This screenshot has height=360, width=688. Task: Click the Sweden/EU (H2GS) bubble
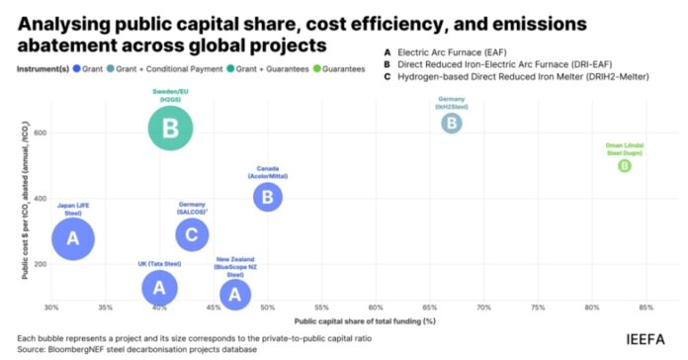[x=170, y=128]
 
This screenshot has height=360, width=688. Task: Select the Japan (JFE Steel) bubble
[x=72, y=238]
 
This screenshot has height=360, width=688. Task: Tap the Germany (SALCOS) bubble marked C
[x=192, y=234]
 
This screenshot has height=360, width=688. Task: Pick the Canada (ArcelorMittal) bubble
[x=268, y=197]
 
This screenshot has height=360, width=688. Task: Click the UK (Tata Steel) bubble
[x=159, y=287]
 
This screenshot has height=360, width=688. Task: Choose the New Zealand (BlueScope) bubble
[x=234, y=294]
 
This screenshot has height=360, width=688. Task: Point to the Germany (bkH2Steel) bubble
[x=451, y=124]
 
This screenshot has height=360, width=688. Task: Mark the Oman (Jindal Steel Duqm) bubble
[x=624, y=166]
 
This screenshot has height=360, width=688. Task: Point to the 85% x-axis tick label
[x=645, y=308]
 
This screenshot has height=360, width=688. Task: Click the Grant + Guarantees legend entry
[x=273, y=70]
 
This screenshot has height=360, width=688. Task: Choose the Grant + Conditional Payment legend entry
[x=169, y=70]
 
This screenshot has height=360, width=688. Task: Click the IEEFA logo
[x=645, y=339]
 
